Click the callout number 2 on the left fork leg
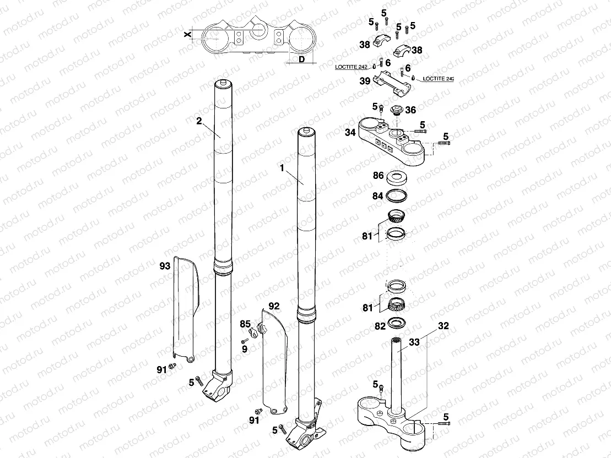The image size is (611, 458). [199, 121]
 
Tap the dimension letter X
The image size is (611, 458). [188, 34]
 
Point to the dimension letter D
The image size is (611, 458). [302, 59]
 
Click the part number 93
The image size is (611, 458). [164, 266]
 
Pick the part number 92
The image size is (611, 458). [274, 305]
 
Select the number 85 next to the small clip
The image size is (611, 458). [245, 324]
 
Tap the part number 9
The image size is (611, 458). [245, 348]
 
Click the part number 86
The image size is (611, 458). [378, 176]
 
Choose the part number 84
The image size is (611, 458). [378, 195]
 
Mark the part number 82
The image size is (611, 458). [379, 326]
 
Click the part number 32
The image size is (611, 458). [444, 326]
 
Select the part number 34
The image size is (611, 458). [349, 132]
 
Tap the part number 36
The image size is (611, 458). [410, 110]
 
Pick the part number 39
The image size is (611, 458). [365, 81]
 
